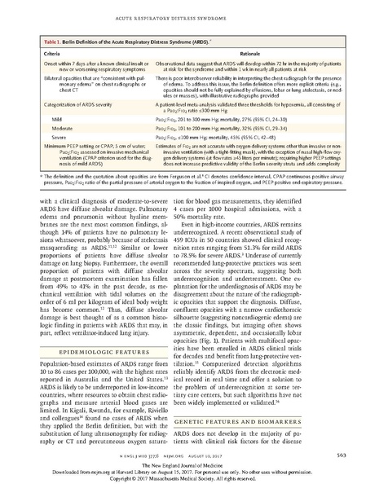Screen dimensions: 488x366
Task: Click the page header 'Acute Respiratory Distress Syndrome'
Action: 183,12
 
